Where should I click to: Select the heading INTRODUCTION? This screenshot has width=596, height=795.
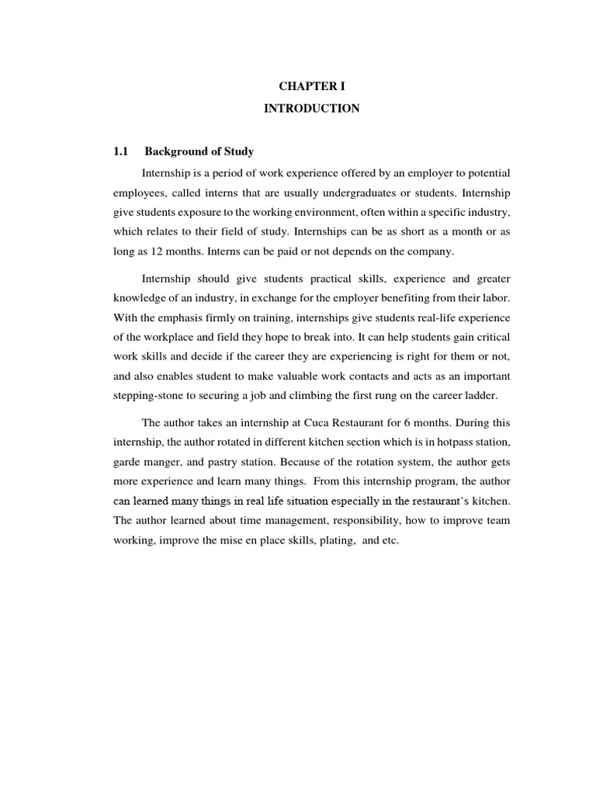click(311, 109)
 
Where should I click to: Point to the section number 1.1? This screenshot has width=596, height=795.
click(121, 151)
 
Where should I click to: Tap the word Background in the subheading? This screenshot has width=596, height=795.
click(172, 151)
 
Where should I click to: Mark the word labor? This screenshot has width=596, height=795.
click(496, 298)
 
